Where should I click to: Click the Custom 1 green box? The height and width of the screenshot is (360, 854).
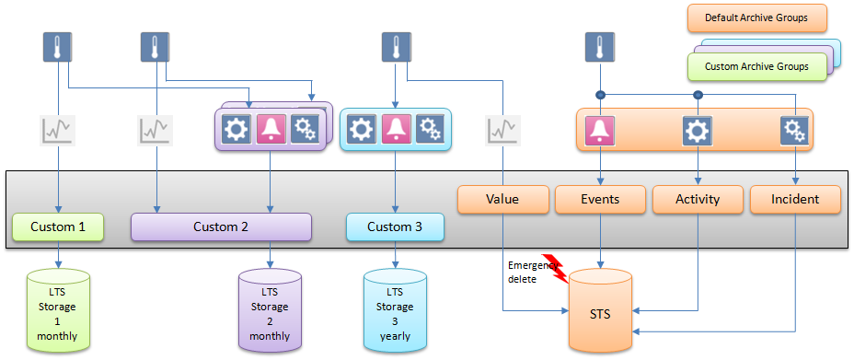[x=58, y=226]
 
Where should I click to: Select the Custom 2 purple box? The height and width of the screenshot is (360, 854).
[x=221, y=226]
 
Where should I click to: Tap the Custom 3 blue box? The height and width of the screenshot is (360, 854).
[x=395, y=226]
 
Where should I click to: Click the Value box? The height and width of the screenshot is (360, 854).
[x=502, y=199]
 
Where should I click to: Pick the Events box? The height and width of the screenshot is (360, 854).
[x=600, y=199]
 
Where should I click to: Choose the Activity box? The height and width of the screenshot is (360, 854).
[x=698, y=199]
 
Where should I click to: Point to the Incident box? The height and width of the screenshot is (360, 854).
[x=796, y=199]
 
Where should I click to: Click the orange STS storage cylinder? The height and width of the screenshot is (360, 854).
[x=600, y=309]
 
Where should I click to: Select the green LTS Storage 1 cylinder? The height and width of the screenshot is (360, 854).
[x=58, y=308]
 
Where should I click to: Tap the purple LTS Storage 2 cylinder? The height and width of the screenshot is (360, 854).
[x=270, y=308]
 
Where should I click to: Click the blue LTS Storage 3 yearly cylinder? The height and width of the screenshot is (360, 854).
[x=395, y=308]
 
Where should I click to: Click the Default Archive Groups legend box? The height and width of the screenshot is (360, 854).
[x=756, y=17]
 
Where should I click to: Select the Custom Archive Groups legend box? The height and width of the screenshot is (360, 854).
[x=756, y=66]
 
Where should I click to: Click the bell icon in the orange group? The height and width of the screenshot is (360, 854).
[x=600, y=130]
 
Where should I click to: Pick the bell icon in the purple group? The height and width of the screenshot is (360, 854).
[x=271, y=130]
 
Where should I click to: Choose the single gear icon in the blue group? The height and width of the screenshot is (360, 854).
[x=361, y=130]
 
